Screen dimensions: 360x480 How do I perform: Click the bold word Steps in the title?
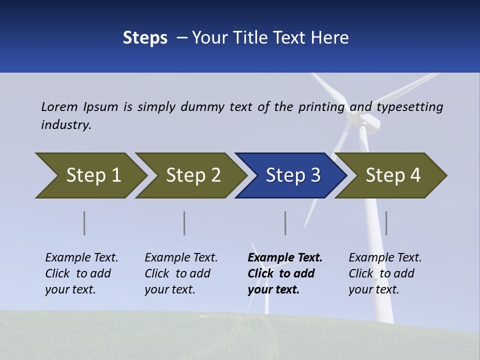145,38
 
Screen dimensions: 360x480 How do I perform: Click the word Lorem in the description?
59,106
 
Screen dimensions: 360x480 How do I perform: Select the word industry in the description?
66,124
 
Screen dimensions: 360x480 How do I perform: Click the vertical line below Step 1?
84,223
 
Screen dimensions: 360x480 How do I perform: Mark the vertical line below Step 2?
184,223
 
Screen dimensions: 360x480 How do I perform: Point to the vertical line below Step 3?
285,223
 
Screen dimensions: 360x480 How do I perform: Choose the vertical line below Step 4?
386,223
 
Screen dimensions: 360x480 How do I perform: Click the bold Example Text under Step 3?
285,258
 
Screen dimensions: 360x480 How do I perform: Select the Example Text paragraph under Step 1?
81,273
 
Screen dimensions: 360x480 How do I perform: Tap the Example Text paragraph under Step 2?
181,273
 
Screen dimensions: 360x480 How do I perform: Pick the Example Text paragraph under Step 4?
385,273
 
